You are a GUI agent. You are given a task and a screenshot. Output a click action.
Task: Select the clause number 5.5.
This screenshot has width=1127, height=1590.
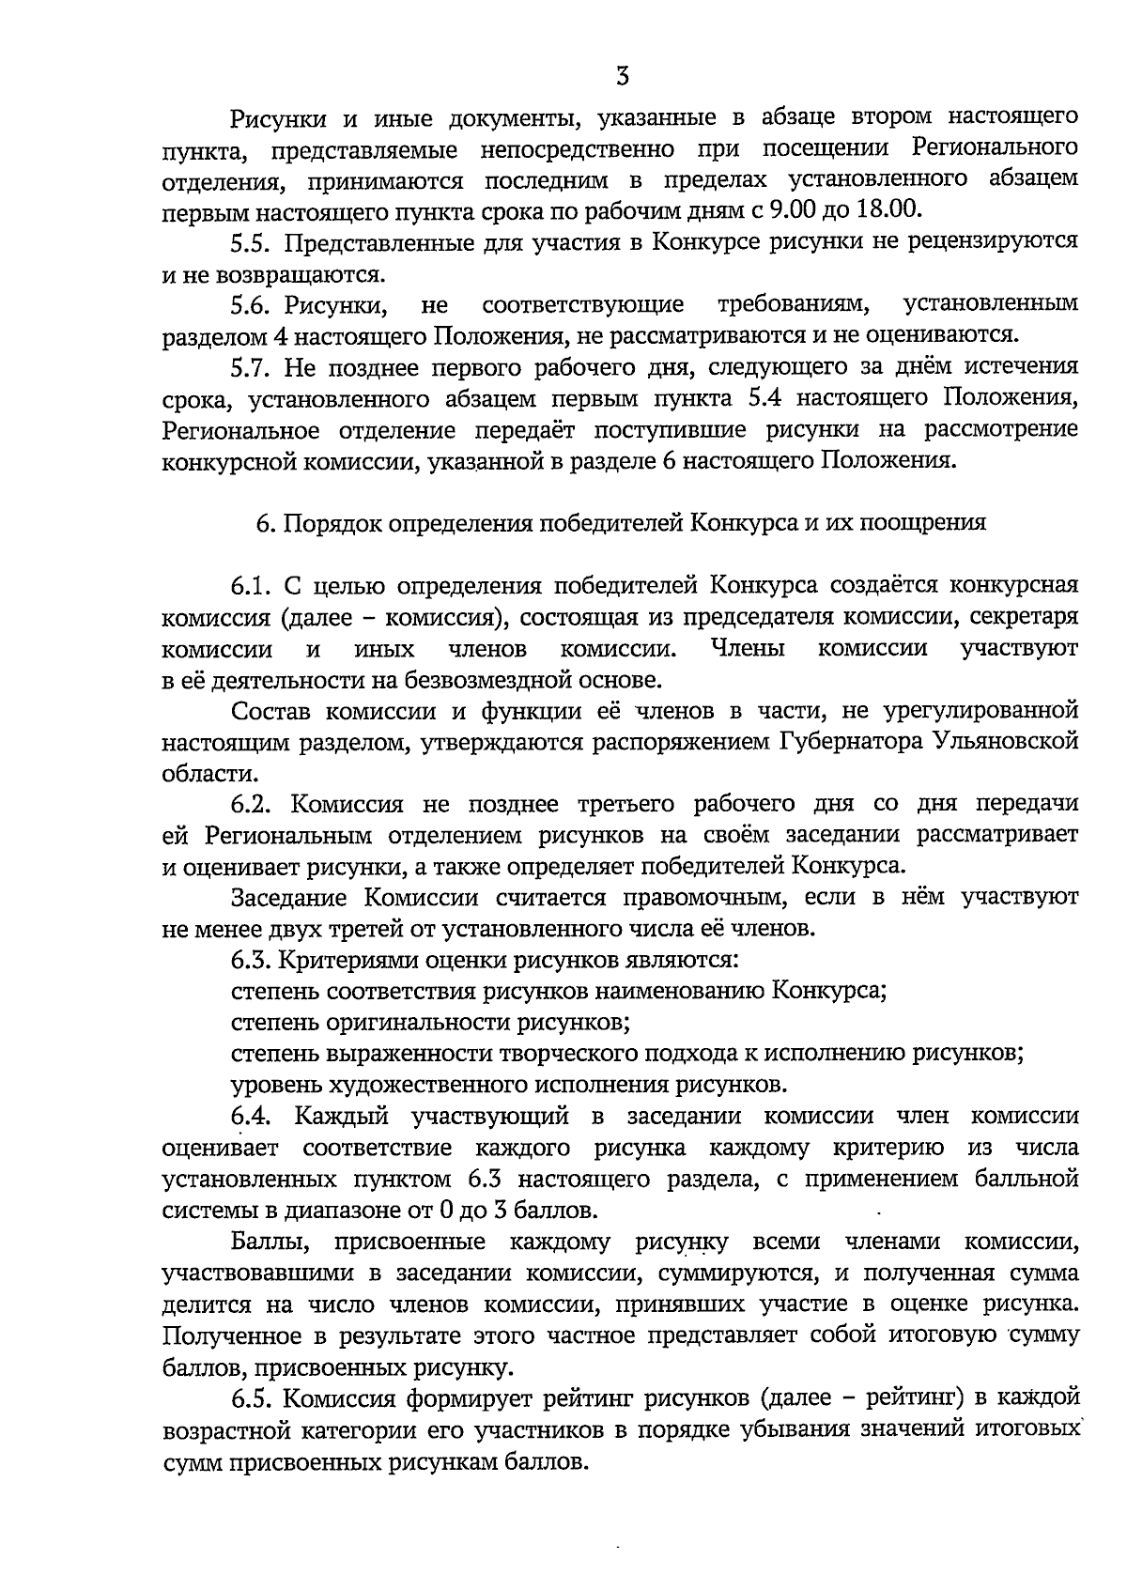(252, 241)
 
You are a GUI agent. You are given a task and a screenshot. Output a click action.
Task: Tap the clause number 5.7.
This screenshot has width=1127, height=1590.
(252, 366)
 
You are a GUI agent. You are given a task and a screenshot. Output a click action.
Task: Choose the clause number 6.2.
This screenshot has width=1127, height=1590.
(252, 805)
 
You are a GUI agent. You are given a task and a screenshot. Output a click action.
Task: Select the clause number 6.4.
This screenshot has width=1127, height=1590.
(252, 1117)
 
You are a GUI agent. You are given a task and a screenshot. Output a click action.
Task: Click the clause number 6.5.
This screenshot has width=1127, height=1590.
(252, 1399)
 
